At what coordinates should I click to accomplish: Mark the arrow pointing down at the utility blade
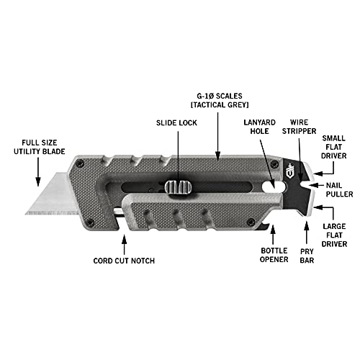point(38,171)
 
